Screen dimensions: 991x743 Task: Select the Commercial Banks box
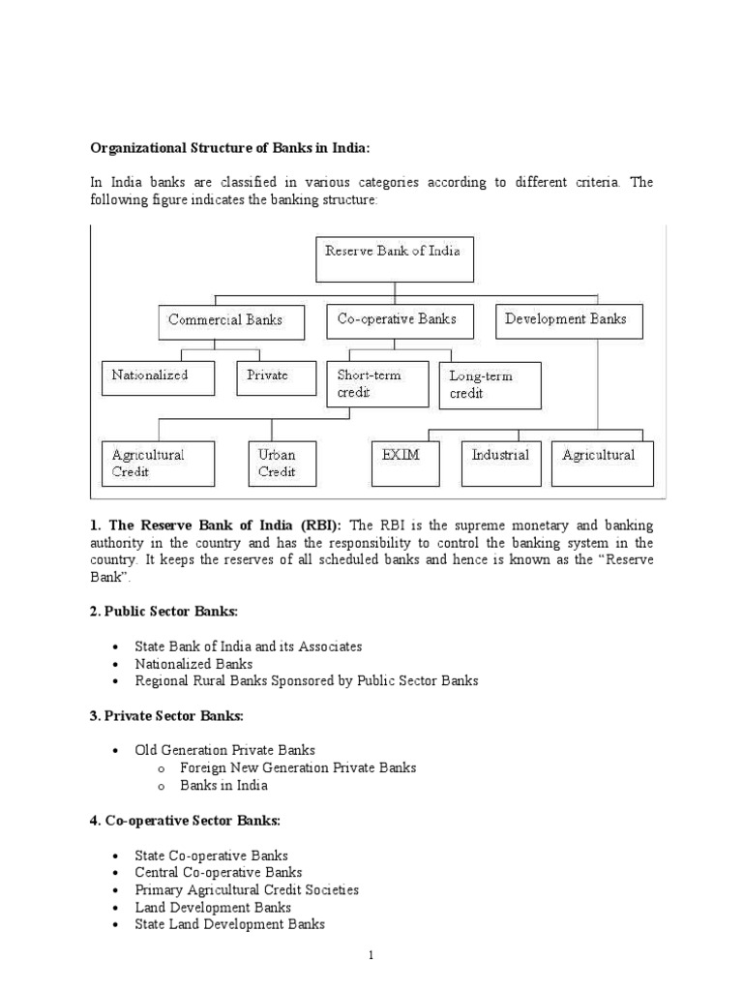(x=225, y=320)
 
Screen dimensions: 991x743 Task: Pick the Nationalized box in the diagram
(x=157, y=376)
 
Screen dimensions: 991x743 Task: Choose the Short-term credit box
(x=376, y=384)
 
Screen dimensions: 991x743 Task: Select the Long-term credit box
(x=490, y=385)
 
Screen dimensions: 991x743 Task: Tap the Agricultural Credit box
(x=157, y=463)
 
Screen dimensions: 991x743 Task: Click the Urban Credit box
(x=277, y=463)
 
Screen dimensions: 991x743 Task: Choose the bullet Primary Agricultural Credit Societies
(x=247, y=890)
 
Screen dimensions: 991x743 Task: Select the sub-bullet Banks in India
(x=224, y=785)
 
